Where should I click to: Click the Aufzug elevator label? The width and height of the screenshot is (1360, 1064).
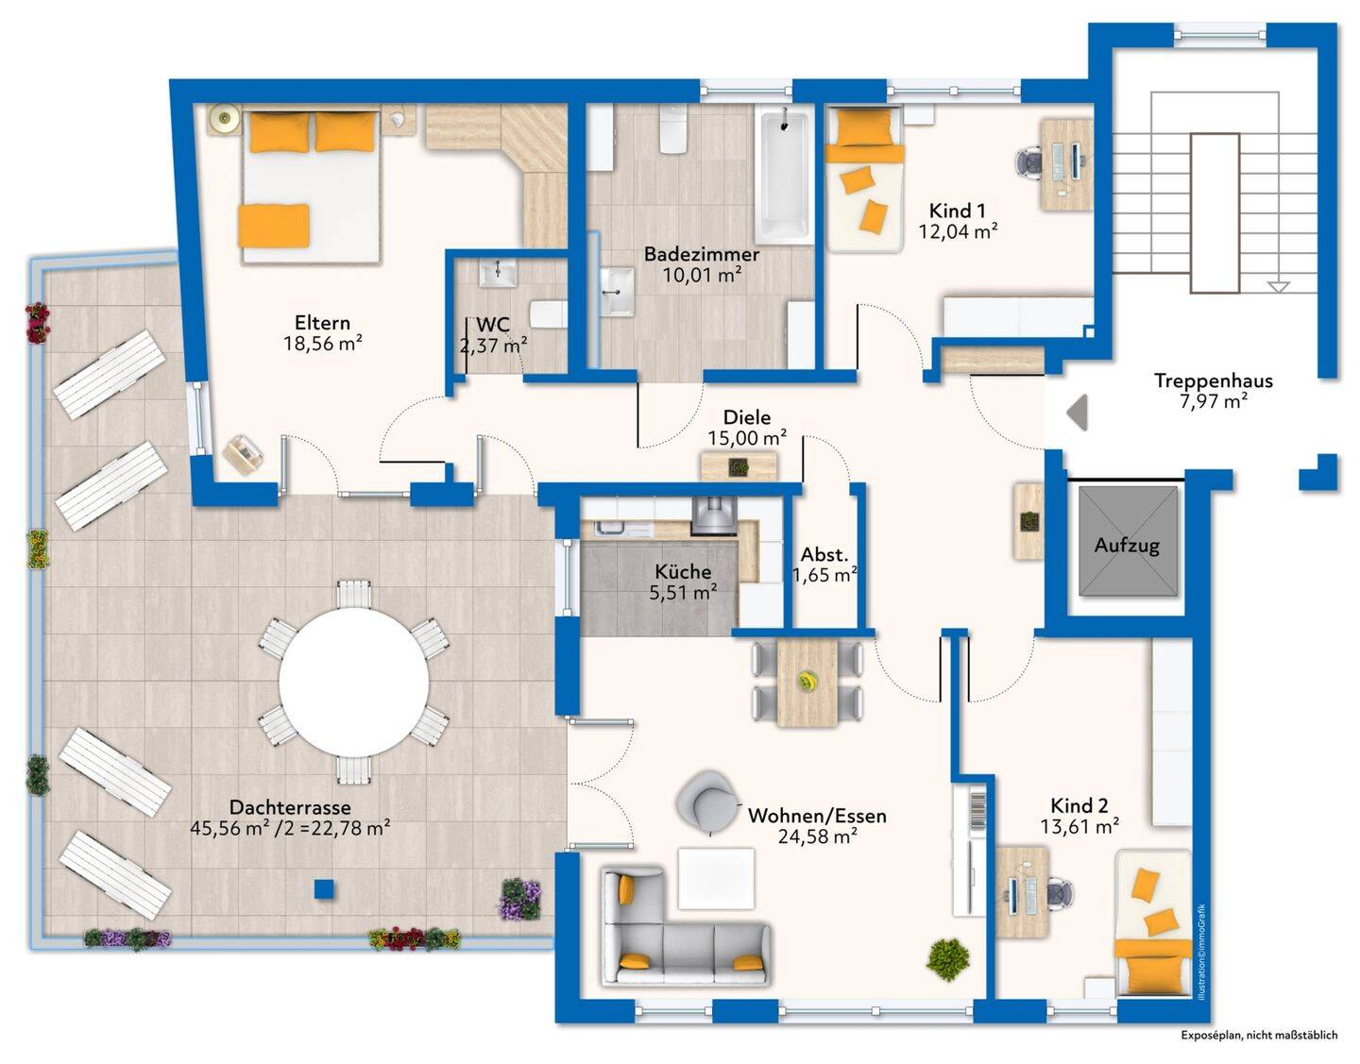1127,545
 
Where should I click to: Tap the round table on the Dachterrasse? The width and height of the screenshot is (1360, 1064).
353,682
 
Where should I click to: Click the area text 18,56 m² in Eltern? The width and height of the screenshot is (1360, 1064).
323,344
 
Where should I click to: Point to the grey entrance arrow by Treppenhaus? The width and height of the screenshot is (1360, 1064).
1078,413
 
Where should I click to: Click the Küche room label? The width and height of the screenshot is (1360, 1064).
683,571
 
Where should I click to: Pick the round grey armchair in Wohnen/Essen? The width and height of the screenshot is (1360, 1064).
707,801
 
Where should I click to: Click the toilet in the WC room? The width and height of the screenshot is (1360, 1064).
549,314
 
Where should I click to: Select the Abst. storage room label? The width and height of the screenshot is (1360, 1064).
824,554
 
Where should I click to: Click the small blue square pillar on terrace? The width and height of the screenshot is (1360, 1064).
324,888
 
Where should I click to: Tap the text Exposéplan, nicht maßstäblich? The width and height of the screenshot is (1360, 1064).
1259,1036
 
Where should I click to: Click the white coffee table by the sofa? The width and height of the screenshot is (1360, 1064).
717,878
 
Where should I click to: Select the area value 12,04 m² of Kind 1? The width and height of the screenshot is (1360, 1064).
958,232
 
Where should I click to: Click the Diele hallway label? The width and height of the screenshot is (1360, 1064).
747,417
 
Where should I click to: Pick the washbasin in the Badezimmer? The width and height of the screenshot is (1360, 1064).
617,292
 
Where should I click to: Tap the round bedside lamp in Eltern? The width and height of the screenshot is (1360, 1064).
223,117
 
